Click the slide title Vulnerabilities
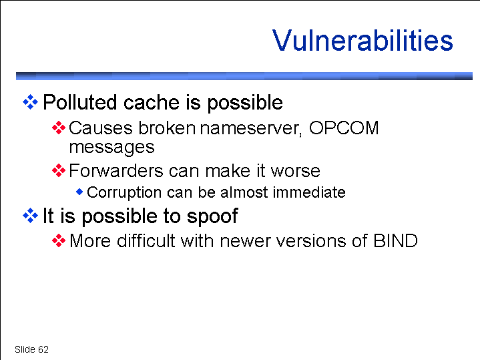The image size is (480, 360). pos(363,41)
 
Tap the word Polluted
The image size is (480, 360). pos(80,102)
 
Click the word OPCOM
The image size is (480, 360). pos(344,128)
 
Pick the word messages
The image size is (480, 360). pos(111,148)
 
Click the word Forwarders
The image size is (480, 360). pos(116,170)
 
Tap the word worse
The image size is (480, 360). pos(295,171)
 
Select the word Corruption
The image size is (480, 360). pos(124,193)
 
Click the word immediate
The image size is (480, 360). pos(309,192)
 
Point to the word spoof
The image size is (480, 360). pos(212,216)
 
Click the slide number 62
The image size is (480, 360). pos(43,349)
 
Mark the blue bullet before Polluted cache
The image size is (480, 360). pos(30,102)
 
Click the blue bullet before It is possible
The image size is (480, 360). pos(30,216)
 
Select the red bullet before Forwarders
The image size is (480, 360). pos(59,170)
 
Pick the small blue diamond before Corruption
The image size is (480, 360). pos(79,192)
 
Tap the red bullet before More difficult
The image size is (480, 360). pos(59,240)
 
